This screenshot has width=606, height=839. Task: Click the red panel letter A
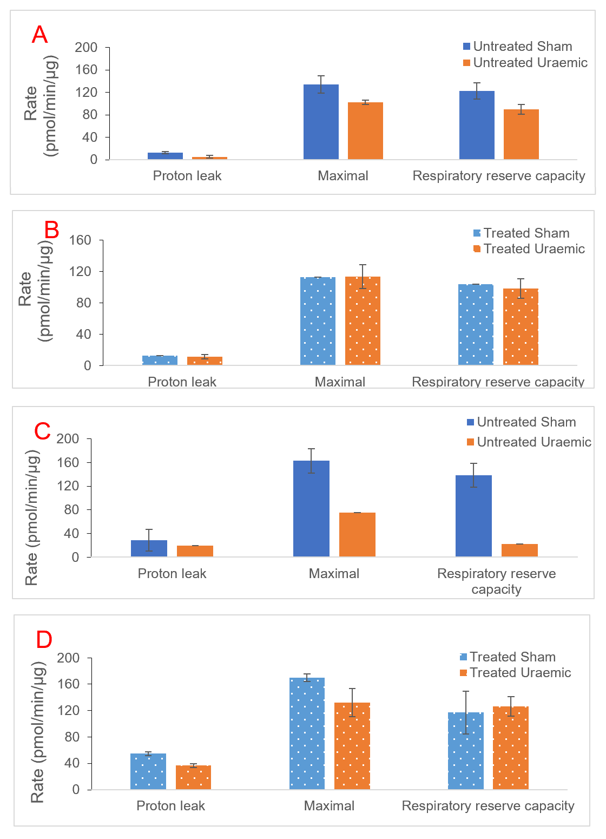40,35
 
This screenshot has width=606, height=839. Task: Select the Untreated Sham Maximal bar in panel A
321,122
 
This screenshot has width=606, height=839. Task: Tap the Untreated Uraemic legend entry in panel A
525,63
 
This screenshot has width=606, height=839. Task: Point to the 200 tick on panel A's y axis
86,48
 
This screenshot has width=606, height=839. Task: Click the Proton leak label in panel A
187,176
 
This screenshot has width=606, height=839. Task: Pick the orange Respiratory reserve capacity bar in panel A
521,134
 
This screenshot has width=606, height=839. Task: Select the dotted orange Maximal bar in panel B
363,320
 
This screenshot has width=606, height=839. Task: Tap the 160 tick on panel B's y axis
80,240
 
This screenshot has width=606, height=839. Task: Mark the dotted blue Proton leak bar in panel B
160,360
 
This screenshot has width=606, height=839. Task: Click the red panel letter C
42,431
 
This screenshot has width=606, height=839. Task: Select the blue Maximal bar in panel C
311,508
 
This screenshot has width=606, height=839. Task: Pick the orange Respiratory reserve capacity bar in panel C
519,550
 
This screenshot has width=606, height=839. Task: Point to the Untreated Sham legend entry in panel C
521,422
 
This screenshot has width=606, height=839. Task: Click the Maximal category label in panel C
334,574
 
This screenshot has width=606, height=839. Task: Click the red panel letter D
44,639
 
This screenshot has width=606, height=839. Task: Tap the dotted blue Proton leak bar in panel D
148,771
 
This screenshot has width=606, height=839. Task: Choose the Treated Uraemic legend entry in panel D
515,673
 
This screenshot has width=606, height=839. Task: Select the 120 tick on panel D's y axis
69,711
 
